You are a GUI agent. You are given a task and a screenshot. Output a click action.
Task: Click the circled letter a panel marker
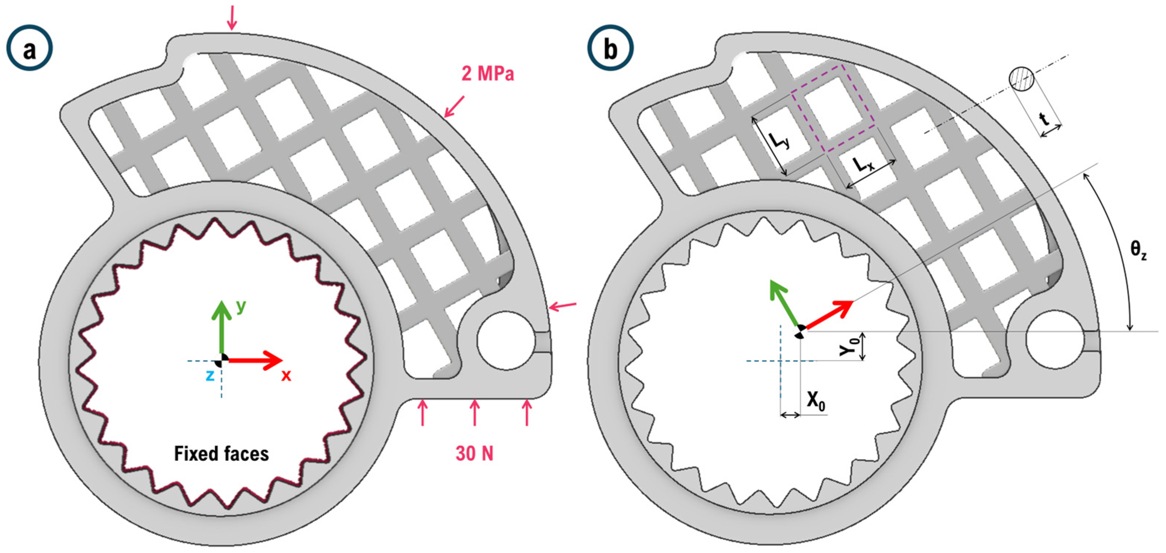tap(30, 48)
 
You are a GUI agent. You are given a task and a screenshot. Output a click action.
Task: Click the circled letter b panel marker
tap(611, 48)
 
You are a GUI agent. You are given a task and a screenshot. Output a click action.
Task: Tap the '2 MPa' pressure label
tap(488, 74)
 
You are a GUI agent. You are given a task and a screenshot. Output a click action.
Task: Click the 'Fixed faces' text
tap(221, 453)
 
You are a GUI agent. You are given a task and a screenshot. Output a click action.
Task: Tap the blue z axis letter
tap(210, 375)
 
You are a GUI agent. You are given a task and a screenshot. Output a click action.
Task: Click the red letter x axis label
tap(286, 375)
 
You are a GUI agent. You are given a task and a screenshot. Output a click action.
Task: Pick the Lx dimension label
tap(864, 165)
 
